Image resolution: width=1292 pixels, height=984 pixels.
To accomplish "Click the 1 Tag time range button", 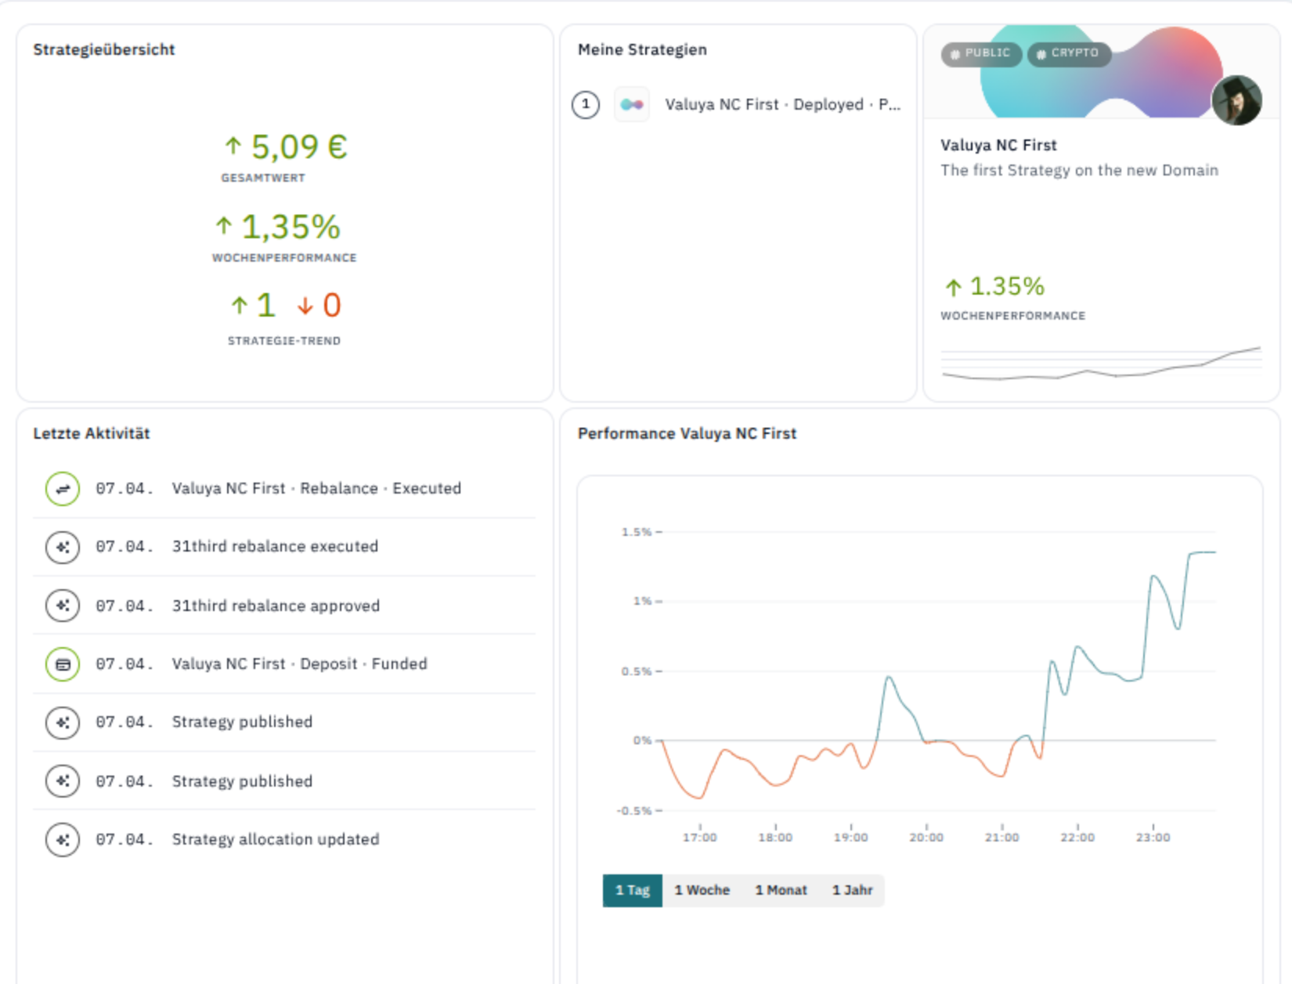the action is coord(632,890).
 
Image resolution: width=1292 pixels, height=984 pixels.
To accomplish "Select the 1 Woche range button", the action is coord(702,890).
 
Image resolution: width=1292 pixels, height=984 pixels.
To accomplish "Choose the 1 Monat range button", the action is coord(781,890).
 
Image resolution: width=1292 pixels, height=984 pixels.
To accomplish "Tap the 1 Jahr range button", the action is coord(852,890).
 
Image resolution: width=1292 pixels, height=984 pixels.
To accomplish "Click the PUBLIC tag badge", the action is coord(980,53).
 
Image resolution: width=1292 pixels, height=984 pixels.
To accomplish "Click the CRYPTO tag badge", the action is coord(1069,53).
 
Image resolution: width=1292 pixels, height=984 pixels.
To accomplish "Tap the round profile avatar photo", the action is coord(1236,100).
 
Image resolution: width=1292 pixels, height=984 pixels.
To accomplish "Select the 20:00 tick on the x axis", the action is coord(926,837).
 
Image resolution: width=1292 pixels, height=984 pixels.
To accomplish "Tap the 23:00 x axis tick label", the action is coord(1153,837).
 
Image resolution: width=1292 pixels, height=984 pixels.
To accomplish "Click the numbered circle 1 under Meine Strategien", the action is coord(586,105).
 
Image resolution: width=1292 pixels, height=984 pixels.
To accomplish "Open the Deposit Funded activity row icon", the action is coord(63,664).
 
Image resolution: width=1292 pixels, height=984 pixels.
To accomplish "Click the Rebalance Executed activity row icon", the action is coord(63,489).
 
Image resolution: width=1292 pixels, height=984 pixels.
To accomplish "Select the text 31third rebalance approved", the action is coord(276,606).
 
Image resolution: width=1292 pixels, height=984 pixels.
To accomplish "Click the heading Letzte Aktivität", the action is coord(92,433).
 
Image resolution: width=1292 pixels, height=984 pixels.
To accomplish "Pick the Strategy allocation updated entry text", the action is coord(276,839).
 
